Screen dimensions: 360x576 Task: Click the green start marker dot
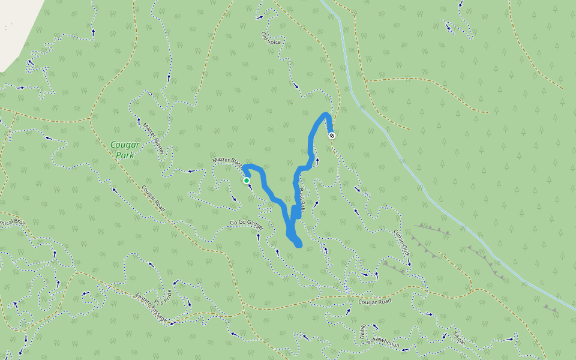247,180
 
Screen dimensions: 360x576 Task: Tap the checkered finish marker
332,136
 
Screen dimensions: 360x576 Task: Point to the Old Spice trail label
271,41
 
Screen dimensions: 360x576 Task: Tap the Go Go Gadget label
247,224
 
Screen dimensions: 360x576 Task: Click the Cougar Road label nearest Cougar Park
153,198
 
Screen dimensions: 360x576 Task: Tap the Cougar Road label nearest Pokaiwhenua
374,301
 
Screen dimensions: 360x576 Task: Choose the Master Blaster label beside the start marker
227,161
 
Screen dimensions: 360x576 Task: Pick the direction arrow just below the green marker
250,187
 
